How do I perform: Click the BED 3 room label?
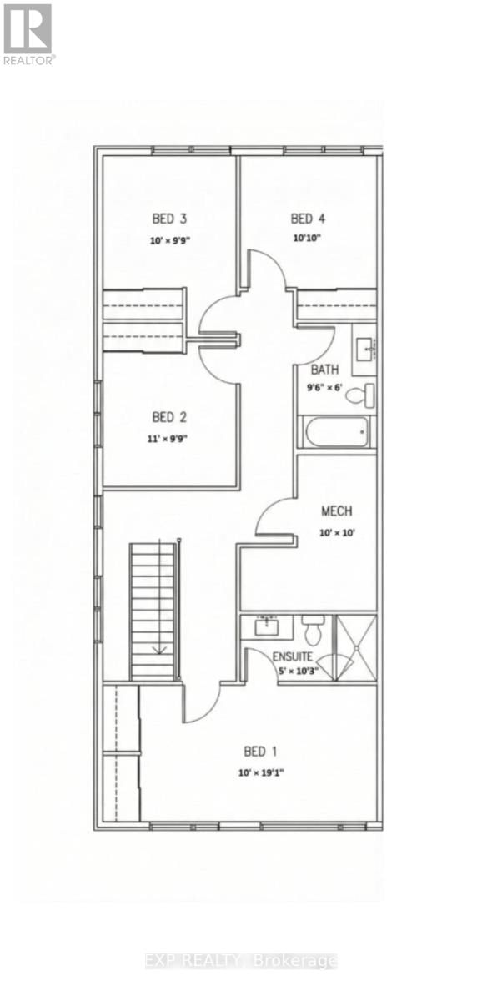(x=168, y=219)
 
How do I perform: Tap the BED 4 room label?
(x=307, y=219)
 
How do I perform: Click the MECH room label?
(x=337, y=511)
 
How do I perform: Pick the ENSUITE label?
(x=293, y=656)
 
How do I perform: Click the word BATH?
(x=324, y=370)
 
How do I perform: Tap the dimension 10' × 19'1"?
(x=260, y=772)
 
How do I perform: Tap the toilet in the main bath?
(x=359, y=394)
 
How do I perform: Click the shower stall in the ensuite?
(x=355, y=646)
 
